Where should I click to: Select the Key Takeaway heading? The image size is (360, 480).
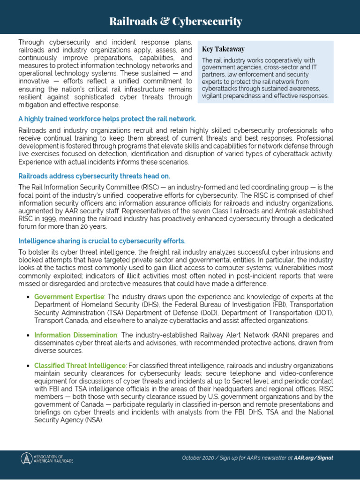(223, 49)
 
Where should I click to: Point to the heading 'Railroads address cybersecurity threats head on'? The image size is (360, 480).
(94, 176)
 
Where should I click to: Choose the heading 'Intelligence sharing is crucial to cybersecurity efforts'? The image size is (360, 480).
(102, 241)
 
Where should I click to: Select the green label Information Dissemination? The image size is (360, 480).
(75, 335)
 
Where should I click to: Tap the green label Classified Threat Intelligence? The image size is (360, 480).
(80, 365)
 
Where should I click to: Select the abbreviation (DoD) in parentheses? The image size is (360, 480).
(257, 313)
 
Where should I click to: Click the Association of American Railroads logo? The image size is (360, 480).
(47, 458)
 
